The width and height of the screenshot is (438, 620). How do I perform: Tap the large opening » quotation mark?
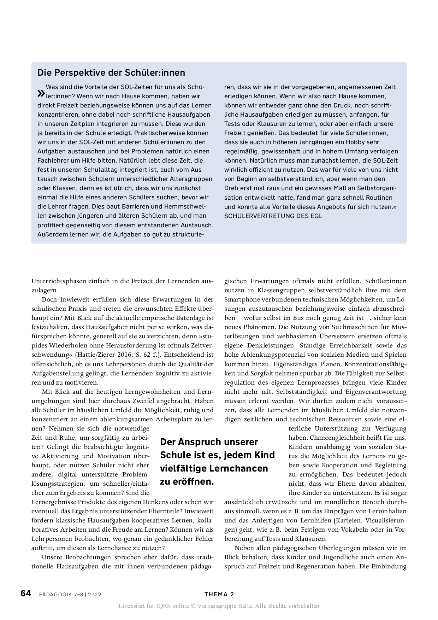[41, 93]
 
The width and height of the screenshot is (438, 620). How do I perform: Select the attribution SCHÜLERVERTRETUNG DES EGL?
[273, 216]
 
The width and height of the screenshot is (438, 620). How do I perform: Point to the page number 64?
[26, 593]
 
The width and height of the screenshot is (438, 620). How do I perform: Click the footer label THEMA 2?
[219, 595]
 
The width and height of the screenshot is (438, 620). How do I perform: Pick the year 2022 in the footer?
[95, 595]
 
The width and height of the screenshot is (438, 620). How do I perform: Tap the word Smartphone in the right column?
[242, 300]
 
